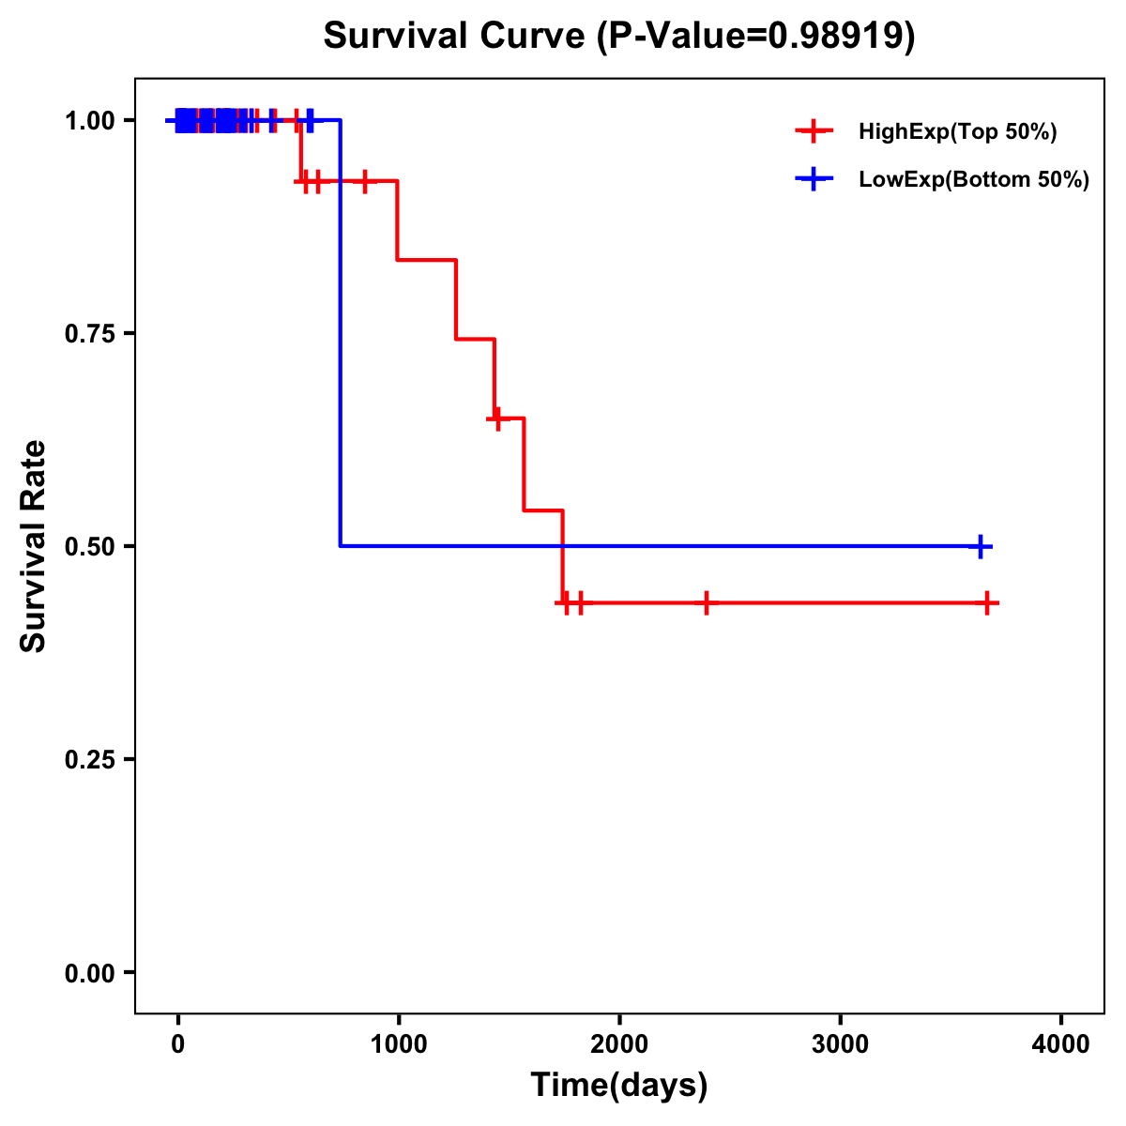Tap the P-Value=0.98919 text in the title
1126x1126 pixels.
point(758,37)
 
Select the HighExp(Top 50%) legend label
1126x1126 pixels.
point(957,132)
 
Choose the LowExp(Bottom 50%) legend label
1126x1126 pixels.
point(974,180)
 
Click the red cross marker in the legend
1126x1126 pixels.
point(814,132)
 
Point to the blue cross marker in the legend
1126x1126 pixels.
point(814,180)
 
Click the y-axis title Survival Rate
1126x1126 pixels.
point(34,546)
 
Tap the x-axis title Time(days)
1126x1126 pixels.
point(619,1085)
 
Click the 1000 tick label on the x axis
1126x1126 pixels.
point(398,1044)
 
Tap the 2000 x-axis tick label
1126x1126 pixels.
point(619,1044)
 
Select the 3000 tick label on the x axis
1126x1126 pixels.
point(840,1044)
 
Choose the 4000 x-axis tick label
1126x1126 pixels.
point(1061,1044)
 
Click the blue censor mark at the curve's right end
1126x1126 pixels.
point(980,546)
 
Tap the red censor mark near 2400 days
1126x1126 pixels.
point(706,603)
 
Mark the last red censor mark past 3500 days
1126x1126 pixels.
point(987,603)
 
